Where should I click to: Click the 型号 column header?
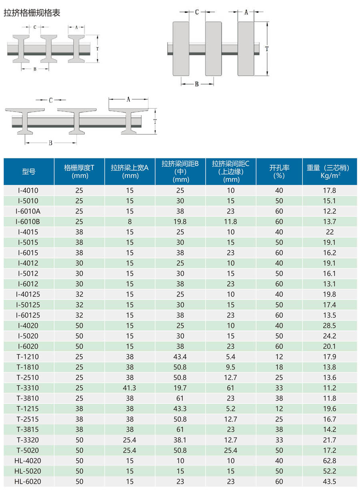pos(29,172)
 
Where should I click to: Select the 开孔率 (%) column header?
pos(279,172)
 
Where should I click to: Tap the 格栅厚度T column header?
pos(79,172)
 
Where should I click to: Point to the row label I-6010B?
pos(29,222)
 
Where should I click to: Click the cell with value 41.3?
pos(130,388)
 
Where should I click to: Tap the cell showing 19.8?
pos(180,222)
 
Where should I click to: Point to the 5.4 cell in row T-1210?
pos(231,357)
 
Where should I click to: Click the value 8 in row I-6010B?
pos(130,222)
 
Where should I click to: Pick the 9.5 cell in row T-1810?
pos(231,367)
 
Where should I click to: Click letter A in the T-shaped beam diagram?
pos(128,100)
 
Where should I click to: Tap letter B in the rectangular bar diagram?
pos(197,84)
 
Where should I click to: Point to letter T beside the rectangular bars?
pos(267,48)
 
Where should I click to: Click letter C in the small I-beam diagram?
pos(35,27)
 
